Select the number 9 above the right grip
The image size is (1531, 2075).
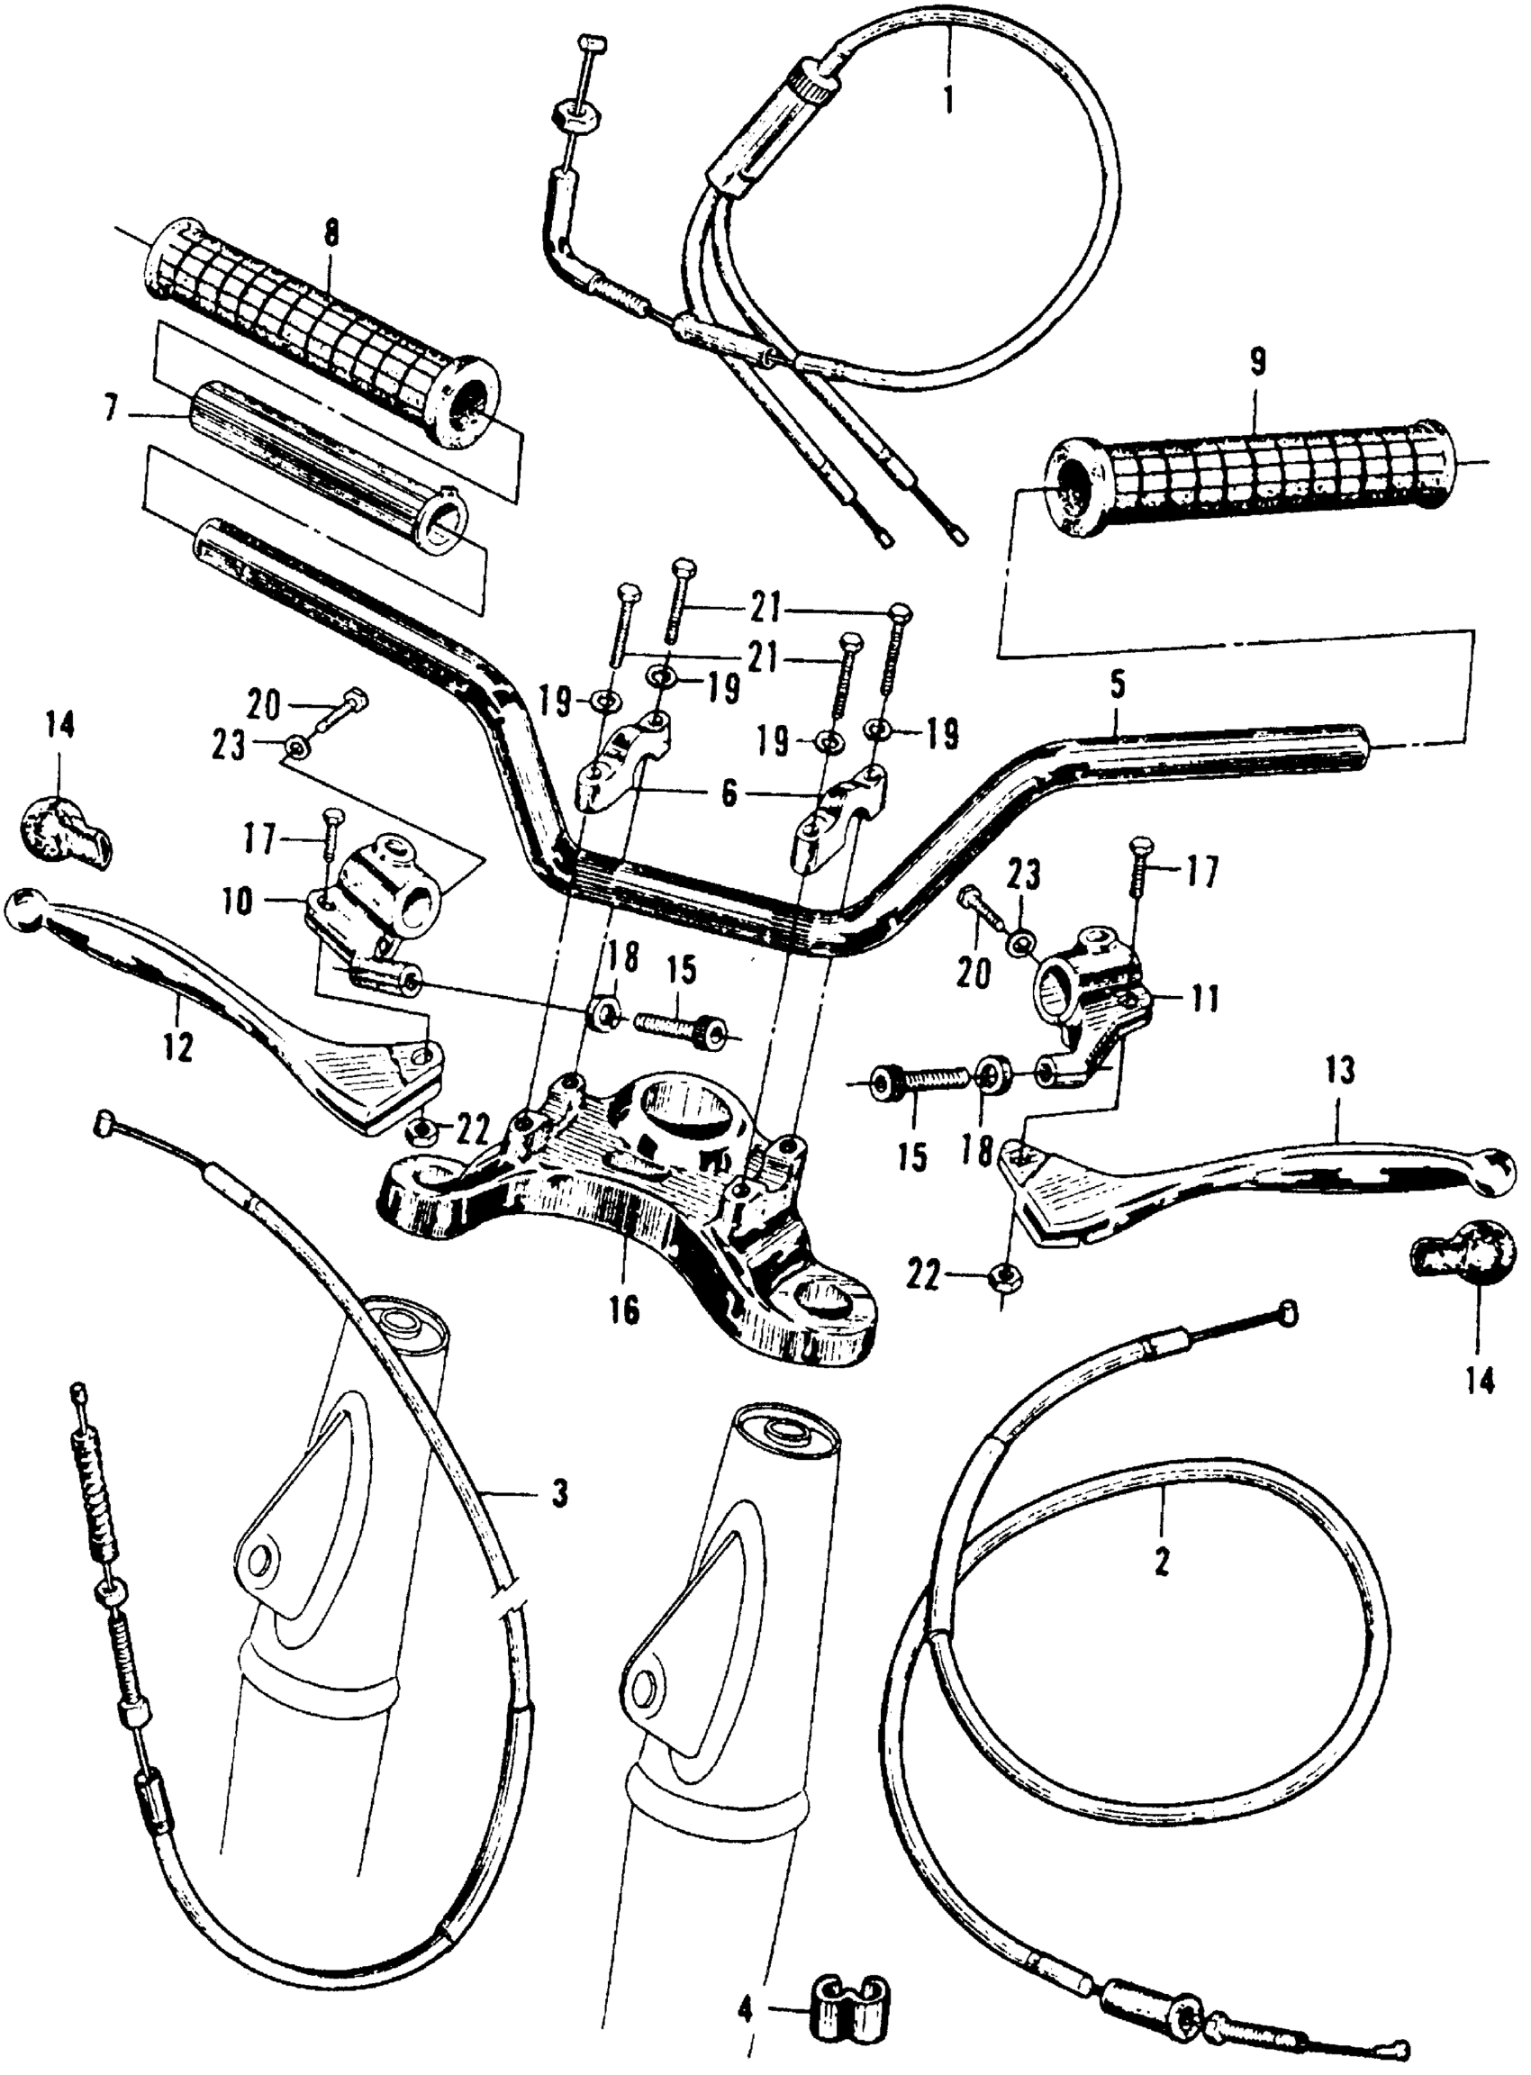click(1255, 363)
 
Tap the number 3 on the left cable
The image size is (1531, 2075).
click(560, 1495)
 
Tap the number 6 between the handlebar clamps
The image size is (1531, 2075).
click(729, 794)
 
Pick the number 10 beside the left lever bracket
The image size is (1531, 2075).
click(237, 902)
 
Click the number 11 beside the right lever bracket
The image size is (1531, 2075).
click(1204, 1001)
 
